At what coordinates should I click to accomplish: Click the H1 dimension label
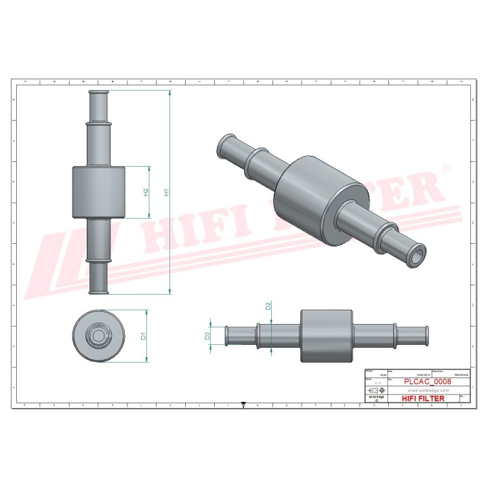click(165, 192)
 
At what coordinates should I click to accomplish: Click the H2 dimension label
click(145, 192)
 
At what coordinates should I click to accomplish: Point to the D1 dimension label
click(143, 335)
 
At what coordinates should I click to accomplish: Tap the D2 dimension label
click(268, 306)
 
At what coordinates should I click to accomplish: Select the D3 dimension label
click(207, 335)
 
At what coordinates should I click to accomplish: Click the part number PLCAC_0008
click(427, 382)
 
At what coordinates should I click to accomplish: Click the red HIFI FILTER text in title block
click(423, 399)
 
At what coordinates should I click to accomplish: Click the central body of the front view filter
click(99, 192)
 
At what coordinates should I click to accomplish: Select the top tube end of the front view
click(99, 96)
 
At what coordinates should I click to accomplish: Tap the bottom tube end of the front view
click(99, 288)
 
